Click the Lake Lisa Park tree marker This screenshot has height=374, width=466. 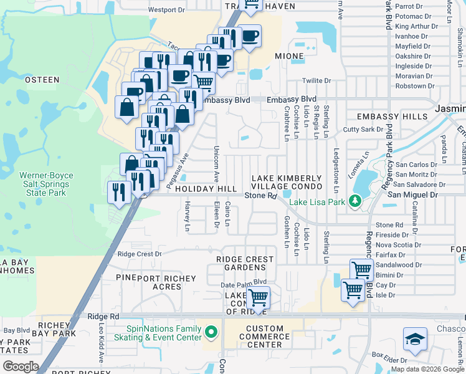[x=355, y=201]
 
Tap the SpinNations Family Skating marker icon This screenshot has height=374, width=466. [x=211, y=332]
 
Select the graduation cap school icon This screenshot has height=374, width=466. [x=415, y=340]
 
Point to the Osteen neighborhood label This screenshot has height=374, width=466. [x=42, y=79]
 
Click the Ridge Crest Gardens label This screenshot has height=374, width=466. [x=245, y=263]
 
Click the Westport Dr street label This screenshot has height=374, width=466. [x=166, y=10]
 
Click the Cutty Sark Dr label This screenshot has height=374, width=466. [x=363, y=130]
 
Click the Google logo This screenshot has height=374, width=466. [x=21, y=367]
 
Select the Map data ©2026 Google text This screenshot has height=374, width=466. [x=427, y=369]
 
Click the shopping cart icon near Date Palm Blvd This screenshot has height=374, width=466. [x=258, y=298]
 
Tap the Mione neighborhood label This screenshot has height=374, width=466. [x=289, y=56]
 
